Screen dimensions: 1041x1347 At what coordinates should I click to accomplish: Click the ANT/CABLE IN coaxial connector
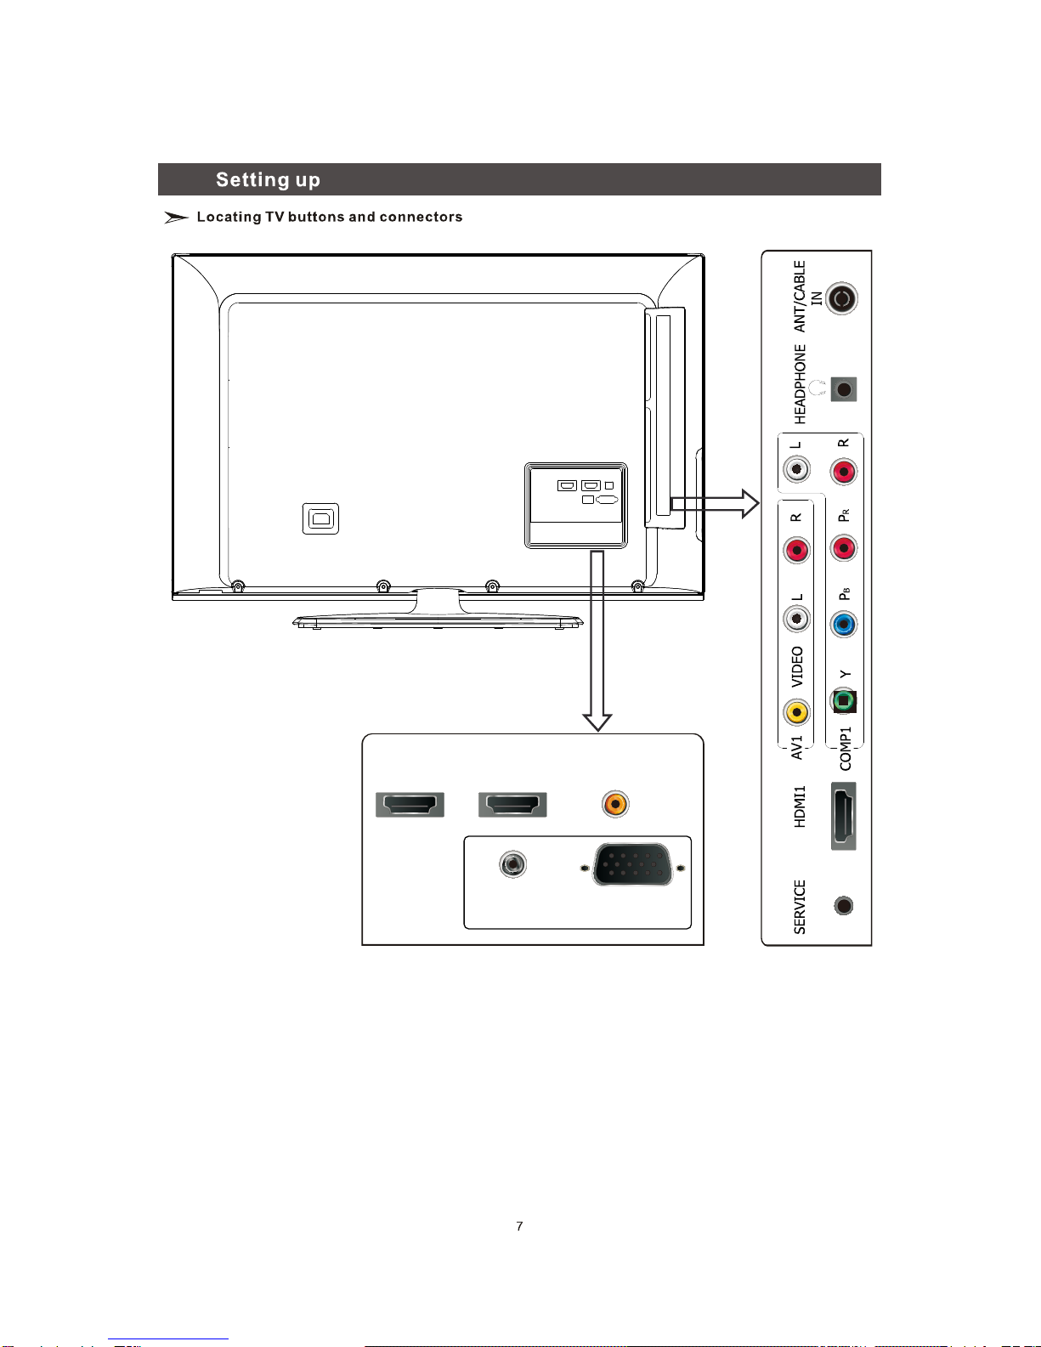(x=841, y=299)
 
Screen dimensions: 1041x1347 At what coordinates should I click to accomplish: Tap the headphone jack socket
(x=843, y=389)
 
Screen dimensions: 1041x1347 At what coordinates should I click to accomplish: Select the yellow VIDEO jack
(x=796, y=712)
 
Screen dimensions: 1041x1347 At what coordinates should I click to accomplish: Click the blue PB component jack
(x=843, y=625)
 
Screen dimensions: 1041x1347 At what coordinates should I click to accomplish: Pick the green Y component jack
(x=843, y=701)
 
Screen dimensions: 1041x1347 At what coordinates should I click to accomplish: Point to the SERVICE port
(x=843, y=906)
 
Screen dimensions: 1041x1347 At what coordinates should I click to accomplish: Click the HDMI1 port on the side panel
(x=843, y=816)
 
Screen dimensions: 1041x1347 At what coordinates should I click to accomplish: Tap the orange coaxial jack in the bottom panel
(x=615, y=804)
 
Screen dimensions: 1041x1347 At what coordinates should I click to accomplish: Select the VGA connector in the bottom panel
(x=632, y=864)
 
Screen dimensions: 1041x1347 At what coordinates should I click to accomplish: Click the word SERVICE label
(x=800, y=907)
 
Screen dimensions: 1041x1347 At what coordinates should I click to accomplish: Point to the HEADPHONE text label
(x=800, y=384)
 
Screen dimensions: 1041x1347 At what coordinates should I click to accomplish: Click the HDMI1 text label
(x=800, y=807)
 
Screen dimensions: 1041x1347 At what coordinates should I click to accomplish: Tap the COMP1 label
(x=846, y=749)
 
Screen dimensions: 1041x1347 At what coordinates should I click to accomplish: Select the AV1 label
(x=797, y=748)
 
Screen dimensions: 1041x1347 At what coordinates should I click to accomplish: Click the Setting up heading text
(x=268, y=180)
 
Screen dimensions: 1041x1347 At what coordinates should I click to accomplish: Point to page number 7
(x=519, y=1225)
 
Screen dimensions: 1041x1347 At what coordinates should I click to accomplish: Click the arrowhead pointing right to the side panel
(x=750, y=503)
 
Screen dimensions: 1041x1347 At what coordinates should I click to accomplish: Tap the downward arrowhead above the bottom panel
(x=597, y=722)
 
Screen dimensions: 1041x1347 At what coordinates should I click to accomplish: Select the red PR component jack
(x=843, y=548)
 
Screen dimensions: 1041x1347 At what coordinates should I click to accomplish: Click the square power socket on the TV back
(x=320, y=519)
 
